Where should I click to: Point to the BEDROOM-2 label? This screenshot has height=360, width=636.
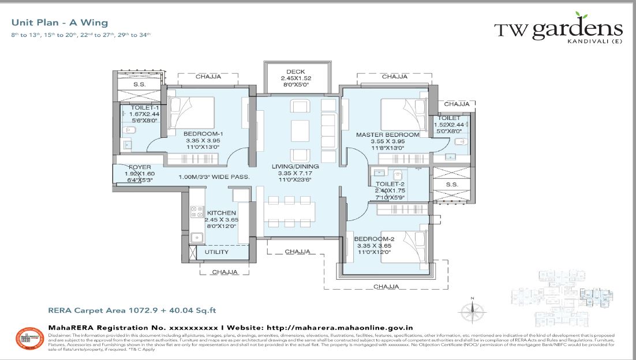point(374,239)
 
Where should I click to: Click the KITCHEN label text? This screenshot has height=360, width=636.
point(222,212)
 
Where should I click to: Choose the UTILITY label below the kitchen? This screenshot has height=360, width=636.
point(216,252)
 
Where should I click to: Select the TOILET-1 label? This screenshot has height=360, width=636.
point(141,107)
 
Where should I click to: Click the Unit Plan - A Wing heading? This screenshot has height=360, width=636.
point(59,23)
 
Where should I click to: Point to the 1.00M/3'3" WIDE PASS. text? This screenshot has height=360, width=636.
point(214,177)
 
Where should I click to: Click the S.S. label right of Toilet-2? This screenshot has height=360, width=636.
point(452,184)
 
